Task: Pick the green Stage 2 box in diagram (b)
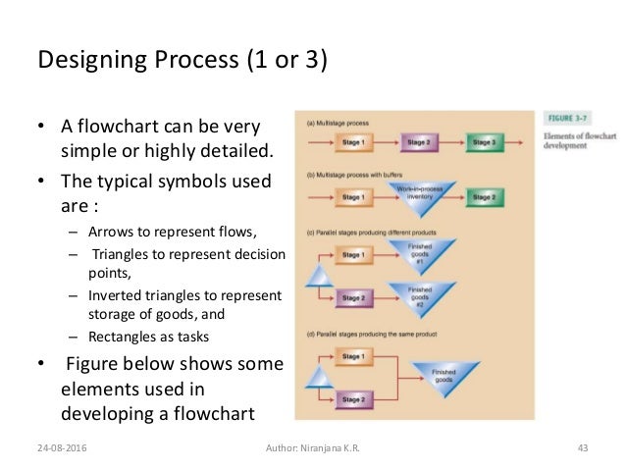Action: [485, 198]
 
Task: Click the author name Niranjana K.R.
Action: [314, 448]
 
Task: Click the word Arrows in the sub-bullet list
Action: [110, 233]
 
